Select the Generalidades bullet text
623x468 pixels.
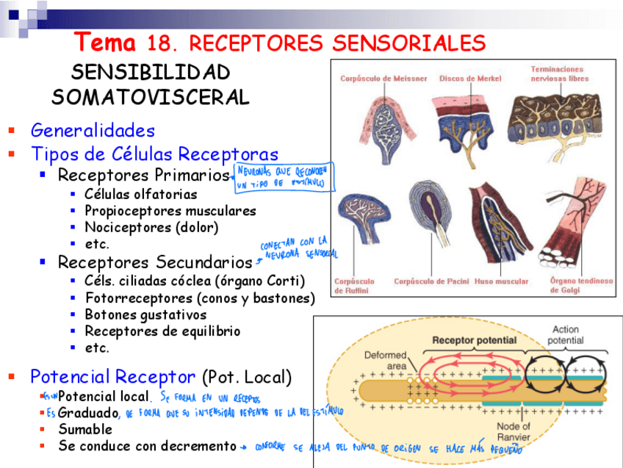click(93, 131)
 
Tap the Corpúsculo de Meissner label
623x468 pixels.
click(383, 79)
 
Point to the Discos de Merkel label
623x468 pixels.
click(470, 79)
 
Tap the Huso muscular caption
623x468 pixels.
click(502, 281)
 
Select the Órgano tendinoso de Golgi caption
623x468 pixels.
click(581, 285)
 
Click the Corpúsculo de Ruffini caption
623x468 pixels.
click(354, 286)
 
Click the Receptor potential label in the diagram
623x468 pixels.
click(474, 340)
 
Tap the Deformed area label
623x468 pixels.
click(385, 360)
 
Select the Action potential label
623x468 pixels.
click(566, 335)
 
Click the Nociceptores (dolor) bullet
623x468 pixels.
click(151, 228)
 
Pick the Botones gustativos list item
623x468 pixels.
click(145, 315)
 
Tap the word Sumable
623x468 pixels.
click(85, 429)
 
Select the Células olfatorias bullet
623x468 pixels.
click(140, 195)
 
